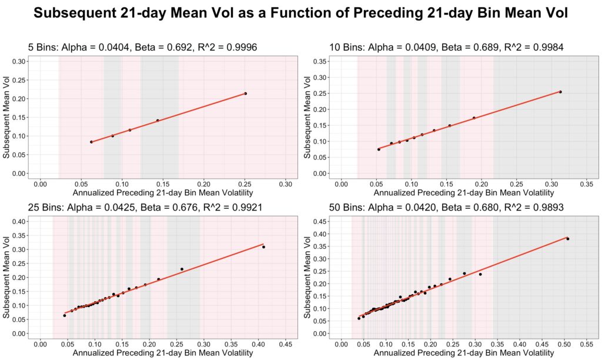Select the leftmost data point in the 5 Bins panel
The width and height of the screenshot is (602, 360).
point(91,142)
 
